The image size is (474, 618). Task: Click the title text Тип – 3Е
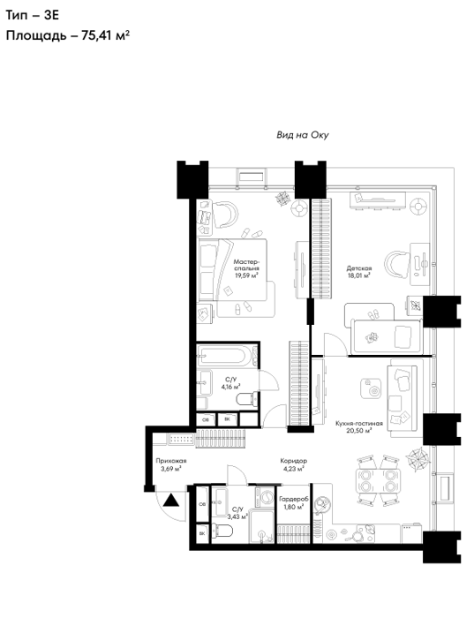pos(33,15)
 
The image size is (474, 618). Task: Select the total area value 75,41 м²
pos(106,35)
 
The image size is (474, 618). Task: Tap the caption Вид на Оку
pos(302,135)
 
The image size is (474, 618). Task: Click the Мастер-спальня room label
pos(246,265)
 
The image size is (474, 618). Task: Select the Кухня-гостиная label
pos(359,424)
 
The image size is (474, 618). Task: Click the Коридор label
pos(294,461)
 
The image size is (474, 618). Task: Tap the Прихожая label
pos(171,461)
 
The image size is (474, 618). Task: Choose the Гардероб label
pos(294,500)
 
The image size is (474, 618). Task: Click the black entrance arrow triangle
pos(171,501)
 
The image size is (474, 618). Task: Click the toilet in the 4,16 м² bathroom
pos(246,399)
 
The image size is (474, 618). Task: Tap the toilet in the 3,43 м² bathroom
pos(222,530)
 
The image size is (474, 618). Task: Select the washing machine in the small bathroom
pos(265,497)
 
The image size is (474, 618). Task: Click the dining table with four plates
pos(378,480)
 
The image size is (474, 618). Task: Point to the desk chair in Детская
pos(397,264)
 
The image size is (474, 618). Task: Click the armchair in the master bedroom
pos(225,214)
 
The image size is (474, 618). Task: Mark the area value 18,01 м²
pos(359,276)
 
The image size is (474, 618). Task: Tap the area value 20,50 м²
pos(359,431)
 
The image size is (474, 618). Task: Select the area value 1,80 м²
pos(294,508)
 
